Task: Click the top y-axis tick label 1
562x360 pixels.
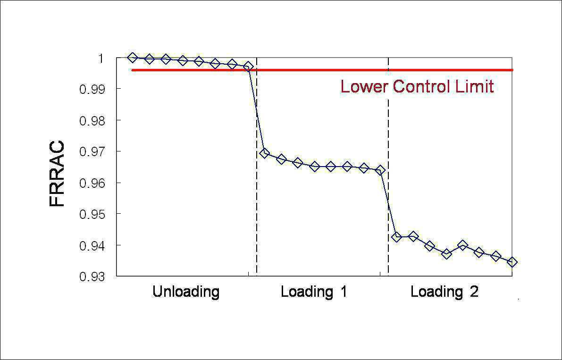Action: pyautogui.click(x=101, y=58)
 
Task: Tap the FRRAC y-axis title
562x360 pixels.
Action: pyautogui.click(x=57, y=173)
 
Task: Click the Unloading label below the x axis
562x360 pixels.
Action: pyautogui.click(x=186, y=292)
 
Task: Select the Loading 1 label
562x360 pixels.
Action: pyautogui.click(x=314, y=292)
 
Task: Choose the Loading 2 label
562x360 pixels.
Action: pyautogui.click(x=445, y=292)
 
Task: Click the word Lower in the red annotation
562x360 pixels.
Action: pyautogui.click(x=364, y=87)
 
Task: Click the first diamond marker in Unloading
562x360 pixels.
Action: pyautogui.click(x=132, y=57)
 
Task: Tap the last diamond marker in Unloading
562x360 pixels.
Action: pyautogui.click(x=248, y=66)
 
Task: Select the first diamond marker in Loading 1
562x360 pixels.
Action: pyautogui.click(x=265, y=153)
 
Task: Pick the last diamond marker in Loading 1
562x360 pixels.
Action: pyautogui.click(x=380, y=170)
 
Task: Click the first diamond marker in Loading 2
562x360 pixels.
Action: pyautogui.click(x=396, y=237)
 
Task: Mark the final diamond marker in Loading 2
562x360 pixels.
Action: pyautogui.click(x=512, y=262)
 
